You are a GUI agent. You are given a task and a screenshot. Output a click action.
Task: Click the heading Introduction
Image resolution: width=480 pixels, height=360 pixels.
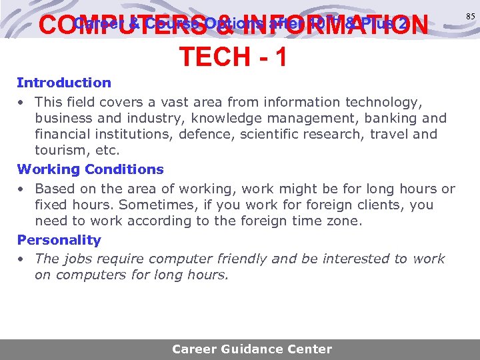coord(64,83)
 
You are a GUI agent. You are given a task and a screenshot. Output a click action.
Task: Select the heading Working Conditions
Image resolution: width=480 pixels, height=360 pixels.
coord(90,169)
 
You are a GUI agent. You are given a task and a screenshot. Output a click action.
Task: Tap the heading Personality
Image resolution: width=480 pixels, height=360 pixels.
coord(59,240)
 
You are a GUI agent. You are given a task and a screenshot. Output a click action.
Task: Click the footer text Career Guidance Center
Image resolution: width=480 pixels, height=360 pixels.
coord(252,349)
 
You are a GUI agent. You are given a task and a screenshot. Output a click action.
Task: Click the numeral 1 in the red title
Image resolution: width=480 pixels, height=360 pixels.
coord(280,57)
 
